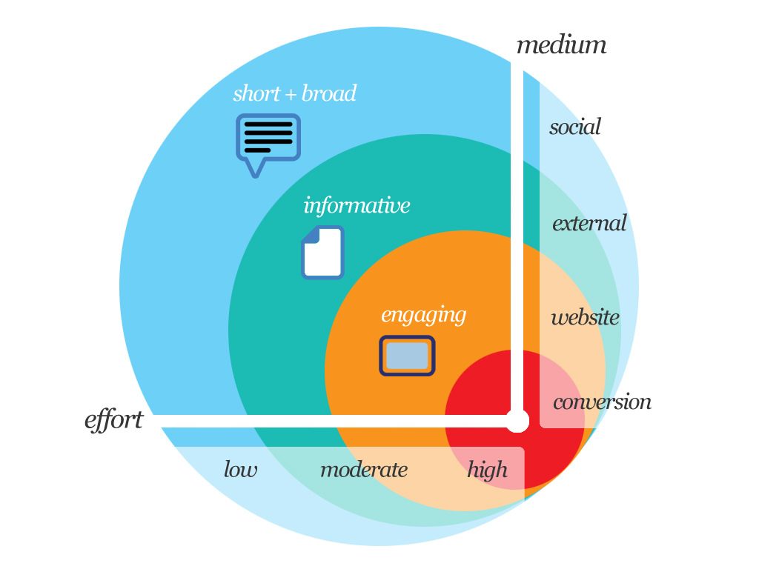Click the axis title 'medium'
coord(561,45)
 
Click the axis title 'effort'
coord(113,420)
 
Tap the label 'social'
coord(575,127)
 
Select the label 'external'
coord(589,223)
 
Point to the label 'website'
coord(586,317)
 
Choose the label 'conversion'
coord(602,402)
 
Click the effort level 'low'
coord(240,469)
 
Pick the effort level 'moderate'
coord(364,469)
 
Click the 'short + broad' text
coord(294,93)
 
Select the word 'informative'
coord(357,205)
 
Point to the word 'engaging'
coord(423,316)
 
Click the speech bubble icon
coord(268,144)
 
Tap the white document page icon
coord(323,252)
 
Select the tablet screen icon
coord(407,356)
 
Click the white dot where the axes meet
coord(517,421)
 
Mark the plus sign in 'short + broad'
coord(291,94)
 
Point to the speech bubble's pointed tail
coord(256,170)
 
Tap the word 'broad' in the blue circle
coord(329,93)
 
